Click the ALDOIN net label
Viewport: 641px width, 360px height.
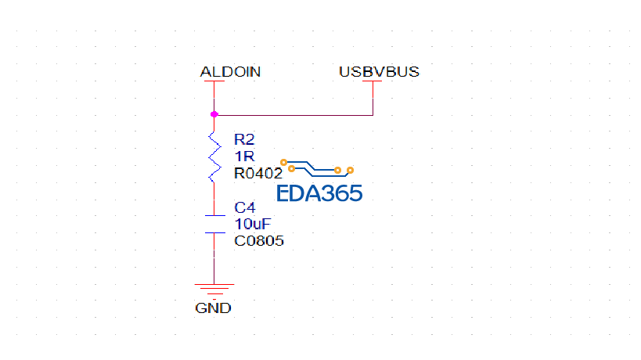(x=230, y=72)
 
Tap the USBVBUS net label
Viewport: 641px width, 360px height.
(x=379, y=72)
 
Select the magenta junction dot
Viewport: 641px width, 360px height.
(x=214, y=114)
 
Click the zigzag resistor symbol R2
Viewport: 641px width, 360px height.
(x=214, y=157)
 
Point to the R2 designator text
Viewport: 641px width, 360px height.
(x=244, y=139)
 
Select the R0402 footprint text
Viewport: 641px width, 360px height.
(x=257, y=174)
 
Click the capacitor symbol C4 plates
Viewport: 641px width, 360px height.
(x=214, y=223)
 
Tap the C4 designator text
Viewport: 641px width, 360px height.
(x=245, y=208)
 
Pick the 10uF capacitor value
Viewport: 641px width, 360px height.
(x=253, y=224)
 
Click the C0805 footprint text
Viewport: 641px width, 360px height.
(x=259, y=241)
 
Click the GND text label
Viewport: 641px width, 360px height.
(x=213, y=308)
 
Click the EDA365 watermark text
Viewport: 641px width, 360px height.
(x=319, y=193)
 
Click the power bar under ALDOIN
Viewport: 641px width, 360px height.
(x=214, y=81)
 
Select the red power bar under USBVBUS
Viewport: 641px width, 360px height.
(x=373, y=81)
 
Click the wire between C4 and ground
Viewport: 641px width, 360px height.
(x=214, y=258)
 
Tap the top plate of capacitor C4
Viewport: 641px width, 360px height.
(x=214, y=215)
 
